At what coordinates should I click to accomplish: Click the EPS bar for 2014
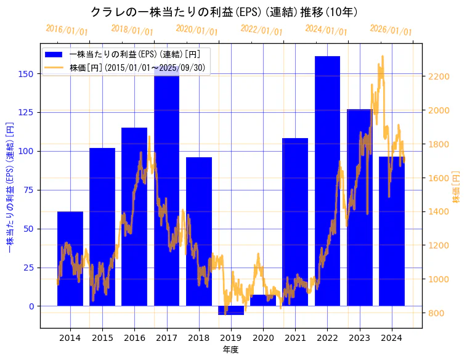click(x=70, y=259)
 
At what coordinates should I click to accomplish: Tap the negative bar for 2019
click(x=231, y=310)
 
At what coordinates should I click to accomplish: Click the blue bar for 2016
click(x=134, y=216)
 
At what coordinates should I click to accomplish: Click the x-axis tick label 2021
click(x=295, y=338)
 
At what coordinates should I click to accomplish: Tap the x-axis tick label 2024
click(x=392, y=338)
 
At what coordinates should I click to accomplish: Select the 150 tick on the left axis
click(x=28, y=74)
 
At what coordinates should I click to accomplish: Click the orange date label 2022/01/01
click(x=261, y=30)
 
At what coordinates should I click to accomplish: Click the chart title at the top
click(x=224, y=12)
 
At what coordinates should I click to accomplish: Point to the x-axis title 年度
click(x=230, y=350)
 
